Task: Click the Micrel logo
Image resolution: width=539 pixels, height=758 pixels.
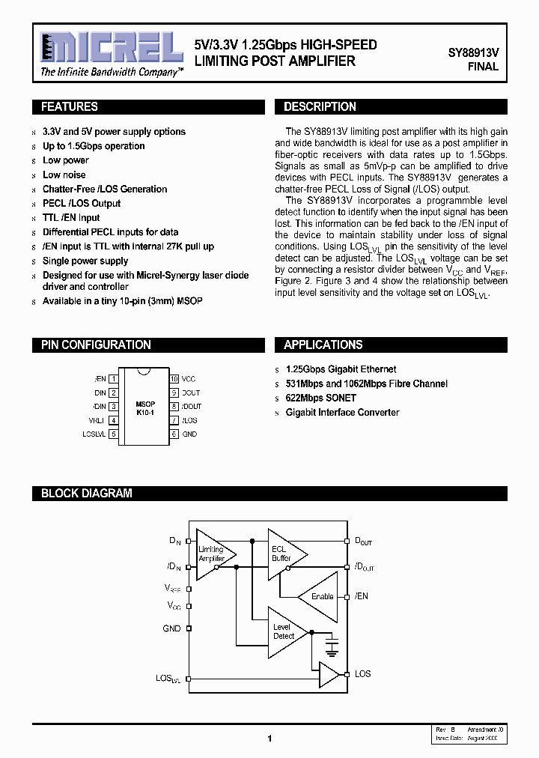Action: [111, 49]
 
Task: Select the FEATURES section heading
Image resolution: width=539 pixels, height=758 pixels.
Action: [70, 107]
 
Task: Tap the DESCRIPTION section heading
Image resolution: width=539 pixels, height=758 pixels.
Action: [320, 107]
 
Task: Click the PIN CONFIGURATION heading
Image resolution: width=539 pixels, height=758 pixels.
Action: [96, 345]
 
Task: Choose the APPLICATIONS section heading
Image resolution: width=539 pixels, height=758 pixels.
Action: [323, 345]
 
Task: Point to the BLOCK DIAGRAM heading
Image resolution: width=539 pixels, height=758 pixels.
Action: [86, 494]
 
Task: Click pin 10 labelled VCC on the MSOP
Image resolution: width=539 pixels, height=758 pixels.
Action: [174, 379]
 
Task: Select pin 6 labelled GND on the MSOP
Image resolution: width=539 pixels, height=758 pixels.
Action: [174, 434]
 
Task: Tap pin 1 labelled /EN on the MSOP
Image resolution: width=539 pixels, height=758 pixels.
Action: [113, 379]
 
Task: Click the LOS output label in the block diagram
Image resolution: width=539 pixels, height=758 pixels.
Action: [362, 674]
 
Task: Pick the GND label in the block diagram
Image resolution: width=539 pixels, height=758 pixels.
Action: [171, 628]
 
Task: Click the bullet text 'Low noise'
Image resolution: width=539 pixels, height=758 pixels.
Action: [64, 175]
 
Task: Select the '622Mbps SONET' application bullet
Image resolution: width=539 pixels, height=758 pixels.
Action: [320, 398]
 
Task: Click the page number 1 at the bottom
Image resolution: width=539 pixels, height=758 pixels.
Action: [269, 739]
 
